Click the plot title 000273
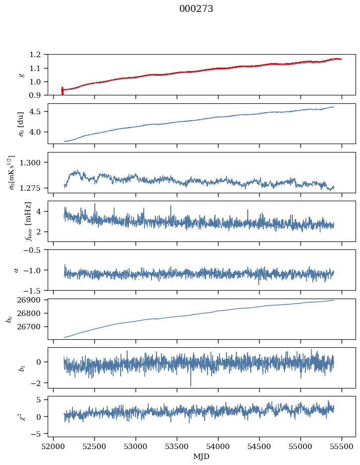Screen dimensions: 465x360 click(x=196, y=9)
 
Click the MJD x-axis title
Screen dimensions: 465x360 click(x=201, y=456)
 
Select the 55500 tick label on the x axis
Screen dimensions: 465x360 click(x=341, y=446)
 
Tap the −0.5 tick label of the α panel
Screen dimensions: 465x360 click(x=35, y=249)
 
